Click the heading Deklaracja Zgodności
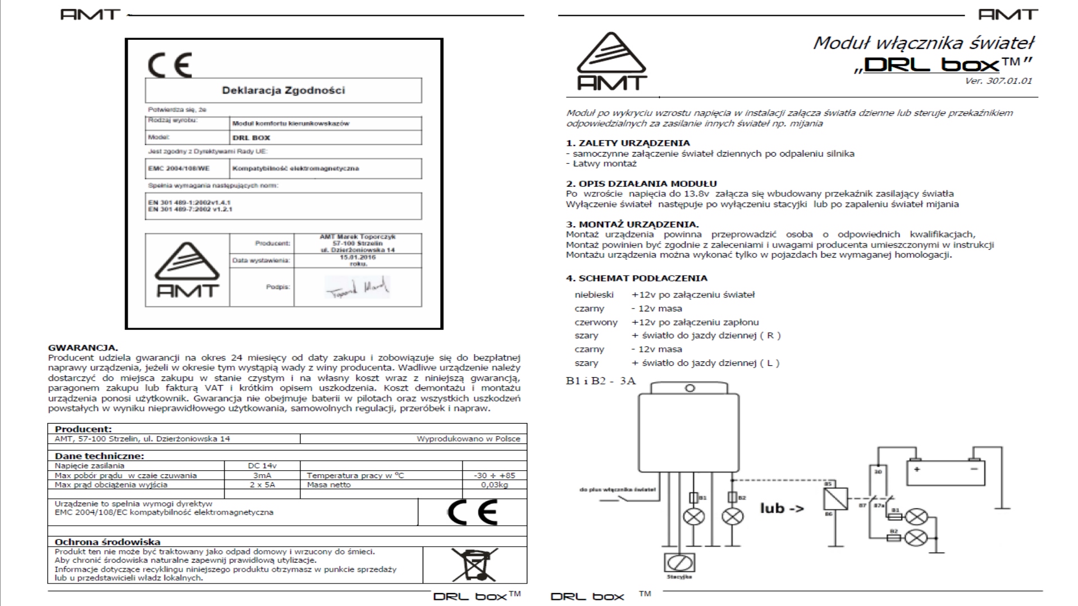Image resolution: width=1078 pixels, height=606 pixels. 283,90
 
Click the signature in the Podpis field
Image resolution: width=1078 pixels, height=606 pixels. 357,288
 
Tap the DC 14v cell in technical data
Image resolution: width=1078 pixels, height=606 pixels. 262,466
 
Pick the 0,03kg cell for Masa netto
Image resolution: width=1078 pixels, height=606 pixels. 494,485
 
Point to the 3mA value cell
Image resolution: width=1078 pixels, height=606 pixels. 262,475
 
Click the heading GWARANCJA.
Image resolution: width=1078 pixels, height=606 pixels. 83,348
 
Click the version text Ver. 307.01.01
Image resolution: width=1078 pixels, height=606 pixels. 998,81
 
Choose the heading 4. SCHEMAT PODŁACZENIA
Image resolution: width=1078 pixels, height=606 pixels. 636,278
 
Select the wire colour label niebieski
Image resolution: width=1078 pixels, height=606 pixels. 594,295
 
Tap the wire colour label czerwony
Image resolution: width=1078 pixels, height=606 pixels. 596,322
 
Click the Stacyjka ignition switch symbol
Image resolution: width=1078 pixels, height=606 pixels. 679,562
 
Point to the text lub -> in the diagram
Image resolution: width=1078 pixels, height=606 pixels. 782,508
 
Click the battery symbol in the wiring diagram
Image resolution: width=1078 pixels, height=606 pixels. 946,472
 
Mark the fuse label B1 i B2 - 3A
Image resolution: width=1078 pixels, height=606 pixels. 601,381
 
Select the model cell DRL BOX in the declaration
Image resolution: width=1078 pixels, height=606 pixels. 251,137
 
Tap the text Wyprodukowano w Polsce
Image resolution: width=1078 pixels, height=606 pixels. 468,439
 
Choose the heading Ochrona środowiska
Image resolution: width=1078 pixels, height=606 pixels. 107,542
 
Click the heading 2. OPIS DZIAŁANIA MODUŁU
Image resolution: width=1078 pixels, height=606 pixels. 641,183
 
